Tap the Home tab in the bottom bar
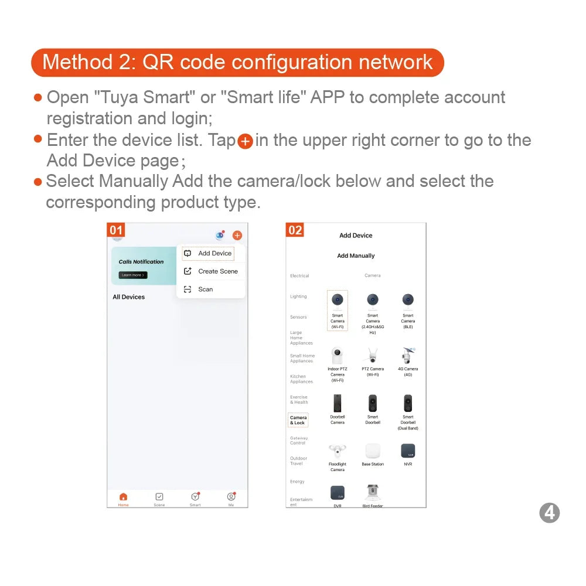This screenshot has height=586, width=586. pos(123,499)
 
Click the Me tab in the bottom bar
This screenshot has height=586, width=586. pos(231,499)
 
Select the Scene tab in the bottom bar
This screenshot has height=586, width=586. pos(159,499)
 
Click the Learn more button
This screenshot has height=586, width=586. pos(132,275)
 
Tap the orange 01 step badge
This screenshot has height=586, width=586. pos(116,230)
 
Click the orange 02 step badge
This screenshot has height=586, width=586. pos(295,230)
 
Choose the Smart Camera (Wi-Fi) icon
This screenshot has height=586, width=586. pos(337,300)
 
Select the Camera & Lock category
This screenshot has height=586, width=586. pos(298,420)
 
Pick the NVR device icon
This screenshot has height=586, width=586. pos(408,451)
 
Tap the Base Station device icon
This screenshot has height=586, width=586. pos(373,451)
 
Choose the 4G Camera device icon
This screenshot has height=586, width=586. pos(408,355)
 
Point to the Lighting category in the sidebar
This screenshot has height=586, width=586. pos(298,297)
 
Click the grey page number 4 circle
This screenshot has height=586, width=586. pos(549,513)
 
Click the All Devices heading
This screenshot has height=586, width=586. pos(128,297)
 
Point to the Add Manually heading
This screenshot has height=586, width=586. pos(356,255)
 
